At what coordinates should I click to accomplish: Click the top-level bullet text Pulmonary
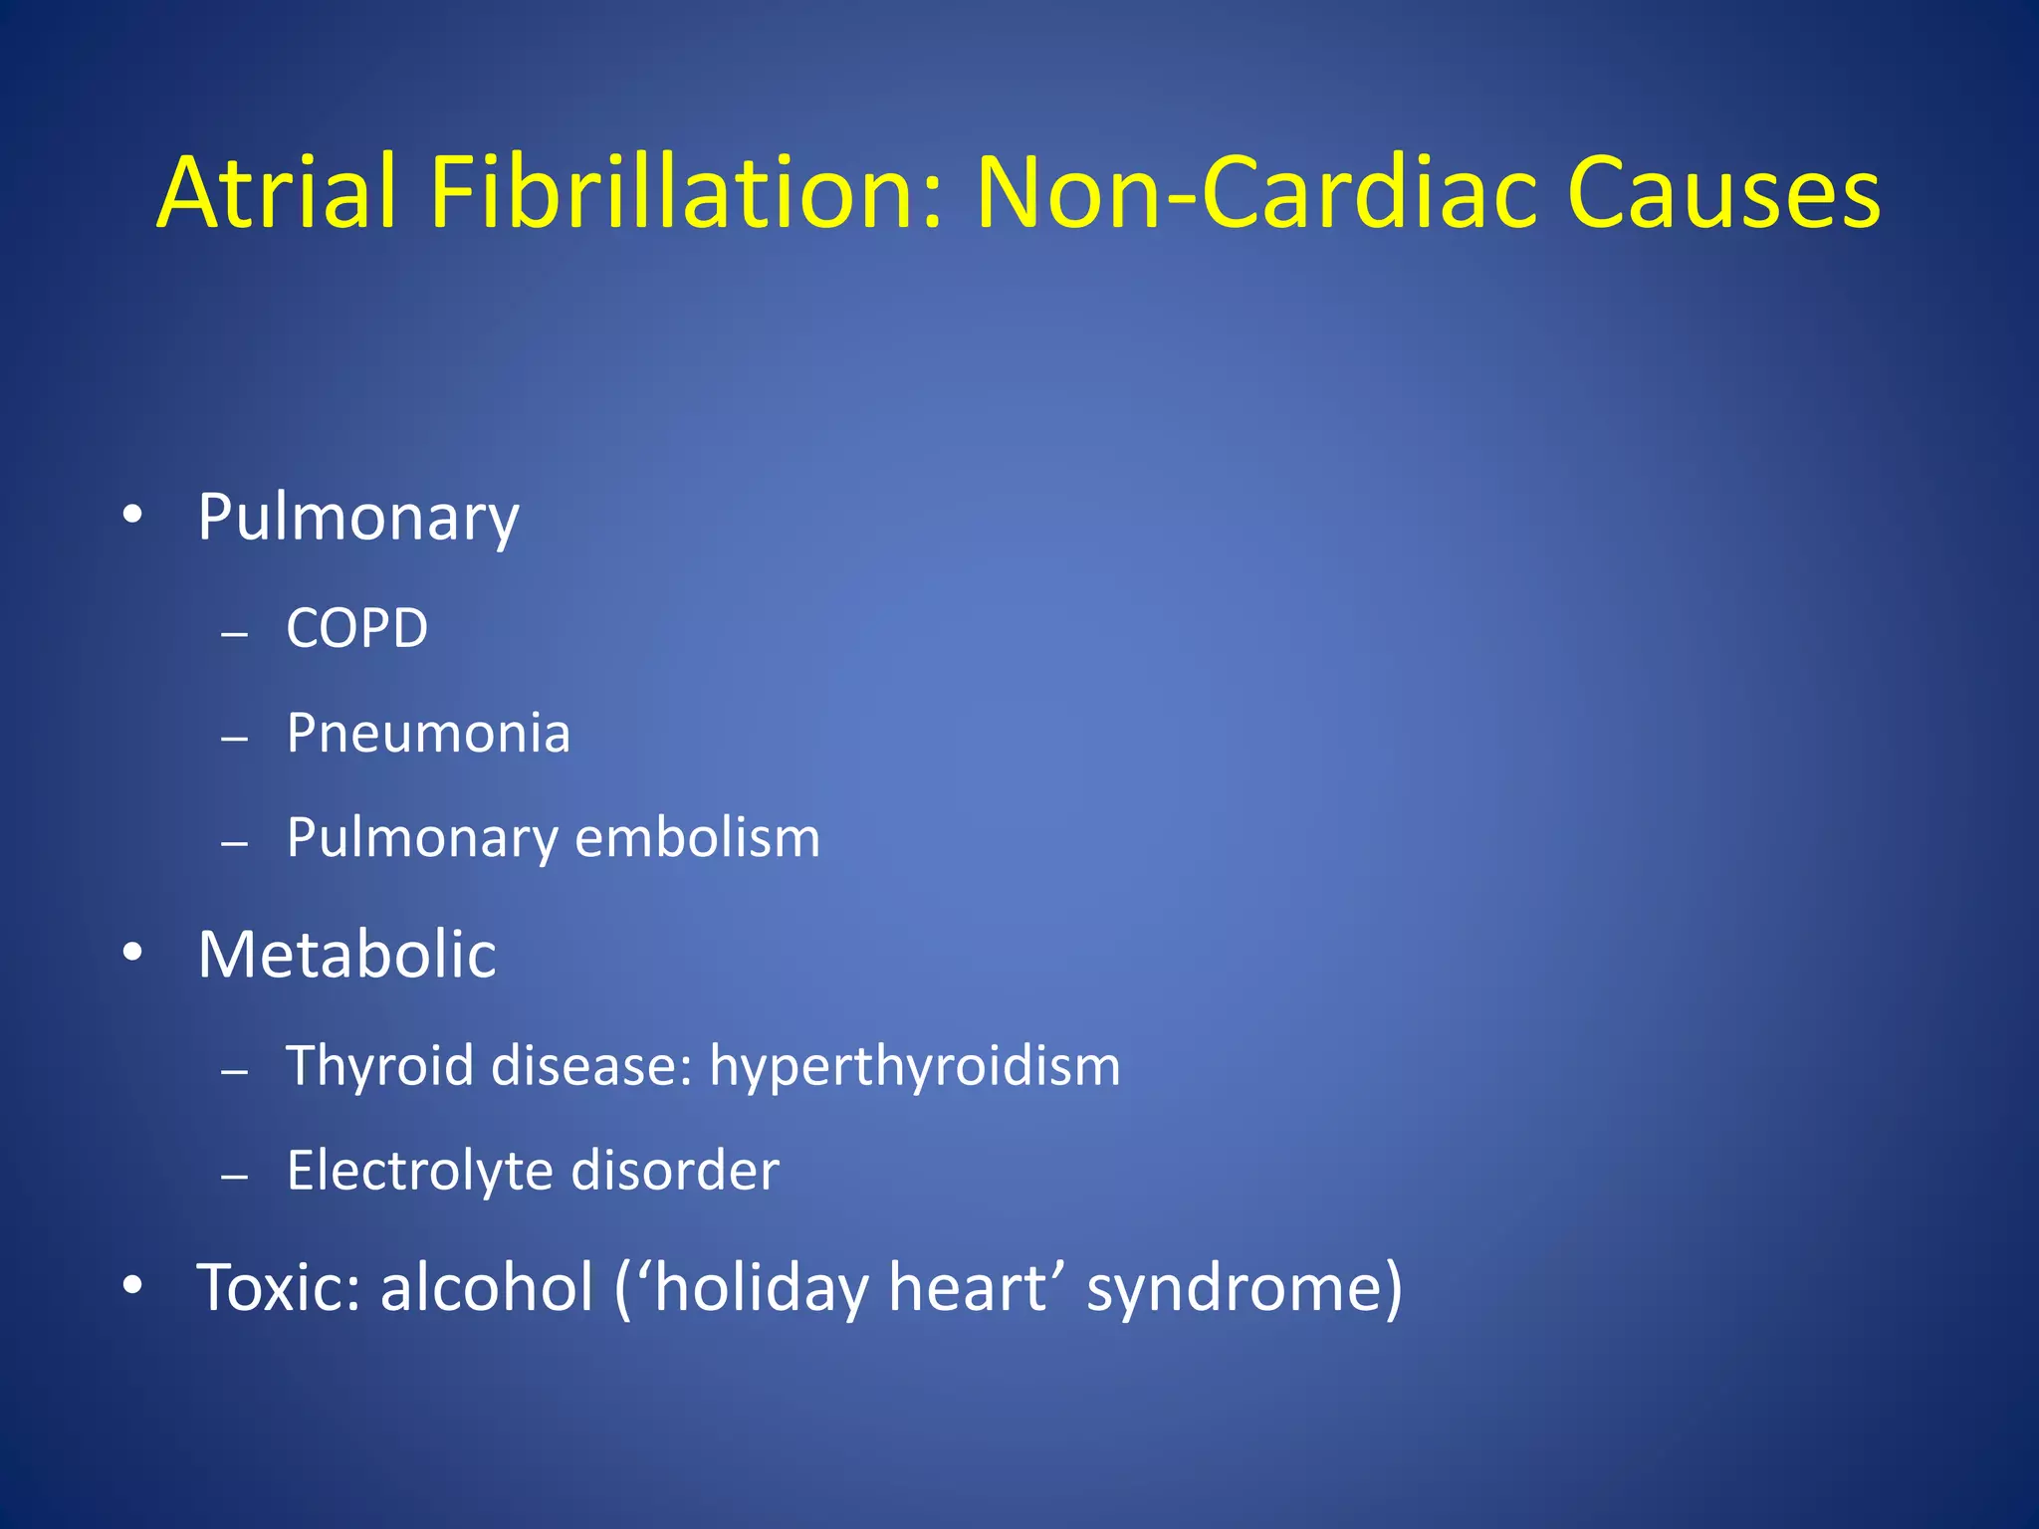pos(358,518)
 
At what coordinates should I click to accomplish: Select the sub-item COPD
pos(357,628)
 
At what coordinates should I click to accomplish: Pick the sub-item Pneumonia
pos(428,734)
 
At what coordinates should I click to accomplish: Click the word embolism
pos(698,837)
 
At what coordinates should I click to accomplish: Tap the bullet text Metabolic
pos(346,955)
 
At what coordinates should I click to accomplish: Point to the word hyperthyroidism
pos(914,1066)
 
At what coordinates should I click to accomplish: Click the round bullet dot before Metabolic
pos(132,954)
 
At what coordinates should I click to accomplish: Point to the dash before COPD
pos(235,633)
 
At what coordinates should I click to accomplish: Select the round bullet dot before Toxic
pos(132,1285)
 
